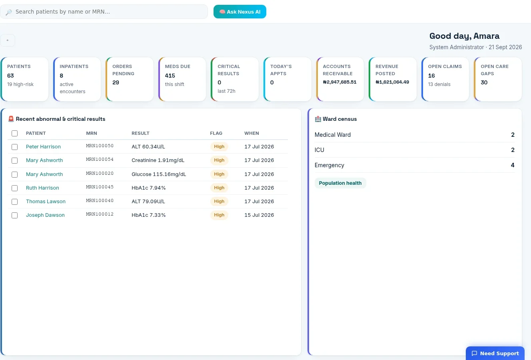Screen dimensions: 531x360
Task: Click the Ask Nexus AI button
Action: [x=240, y=12]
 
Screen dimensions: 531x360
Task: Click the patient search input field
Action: [x=104, y=12]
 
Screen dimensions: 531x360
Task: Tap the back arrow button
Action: [x=8, y=40]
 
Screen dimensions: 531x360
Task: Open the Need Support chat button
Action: [x=495, y=353]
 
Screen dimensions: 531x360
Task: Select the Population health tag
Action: [x=340, y=183]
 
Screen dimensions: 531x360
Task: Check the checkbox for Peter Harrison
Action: [x=14, y=147]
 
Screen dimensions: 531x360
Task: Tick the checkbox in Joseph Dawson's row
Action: [x=14, y=215]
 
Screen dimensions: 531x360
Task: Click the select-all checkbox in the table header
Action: [x=14, y=133]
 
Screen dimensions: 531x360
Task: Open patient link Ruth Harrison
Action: [x=42, y=188]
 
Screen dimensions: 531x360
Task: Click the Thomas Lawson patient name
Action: [x=46, y=201]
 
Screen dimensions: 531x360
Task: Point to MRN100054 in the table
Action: [x=100, y=159]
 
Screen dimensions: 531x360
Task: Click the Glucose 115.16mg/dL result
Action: [x=159, y=174]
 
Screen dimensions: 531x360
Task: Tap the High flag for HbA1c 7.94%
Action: [x=219, y=188]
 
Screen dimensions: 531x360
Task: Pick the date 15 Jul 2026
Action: [x=259, y=215]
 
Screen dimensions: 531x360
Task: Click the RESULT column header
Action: [x=140, y=133]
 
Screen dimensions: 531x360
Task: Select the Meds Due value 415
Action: [x=170, y=76]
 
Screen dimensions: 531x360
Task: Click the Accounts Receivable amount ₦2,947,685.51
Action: [x=339, y=82]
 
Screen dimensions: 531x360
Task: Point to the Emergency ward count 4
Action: [x=513, y=165]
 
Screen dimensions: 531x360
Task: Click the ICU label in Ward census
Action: [x=319, y=150]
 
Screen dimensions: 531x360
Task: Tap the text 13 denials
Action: [x=439, y=84]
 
